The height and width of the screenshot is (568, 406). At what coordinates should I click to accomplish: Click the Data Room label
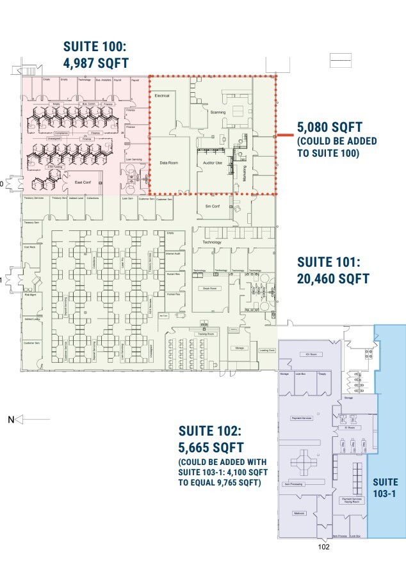pyautogui.click(x=168, y=163)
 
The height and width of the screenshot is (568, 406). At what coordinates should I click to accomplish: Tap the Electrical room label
pyautogui.click(x=162, y=95)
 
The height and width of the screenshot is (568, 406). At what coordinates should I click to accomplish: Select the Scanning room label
pyautogui.click(x=218, y=112)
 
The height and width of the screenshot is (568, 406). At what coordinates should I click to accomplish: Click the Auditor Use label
pyautogui.click(x=212, y=163)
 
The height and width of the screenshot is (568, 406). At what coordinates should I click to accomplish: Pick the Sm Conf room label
pyautogui.click(x=212, y=207)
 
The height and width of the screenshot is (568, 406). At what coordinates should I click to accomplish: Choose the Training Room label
pyautogui.click(x=206, y=334)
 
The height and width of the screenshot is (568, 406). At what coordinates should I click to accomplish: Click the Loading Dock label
pyautogui.click(x=266, y=351)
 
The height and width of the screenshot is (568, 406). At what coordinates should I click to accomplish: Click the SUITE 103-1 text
pyautogui.click(x=386, y=487)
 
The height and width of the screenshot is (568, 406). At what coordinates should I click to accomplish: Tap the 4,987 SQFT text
pyautogui.click(x=96, y=63)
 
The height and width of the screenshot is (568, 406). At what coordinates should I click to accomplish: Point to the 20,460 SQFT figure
pyautogui.click(x=333, y=278)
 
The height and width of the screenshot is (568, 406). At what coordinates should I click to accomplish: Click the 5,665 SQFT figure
pyautogui.click(x=211, y=446)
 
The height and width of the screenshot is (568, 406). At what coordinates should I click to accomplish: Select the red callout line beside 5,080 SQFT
pyautogui.click(x=284, y=136)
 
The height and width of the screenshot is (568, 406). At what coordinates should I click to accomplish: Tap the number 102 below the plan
pyautogui.click(x=323, y=547)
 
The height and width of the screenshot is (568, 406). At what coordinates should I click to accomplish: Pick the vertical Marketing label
pyautogui.click(x=244, y=173)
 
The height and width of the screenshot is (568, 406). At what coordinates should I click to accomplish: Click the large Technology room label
pyautogui.click(x=212, y=242)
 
